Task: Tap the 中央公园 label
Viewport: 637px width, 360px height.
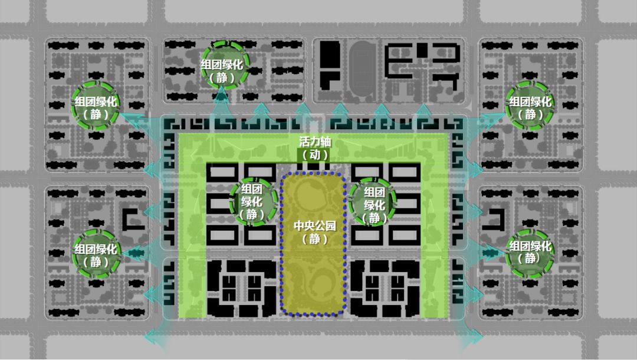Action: pos(313,226)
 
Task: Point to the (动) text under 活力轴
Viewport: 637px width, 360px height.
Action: pos(313,155)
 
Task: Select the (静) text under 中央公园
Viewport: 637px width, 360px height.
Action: pos(313,239)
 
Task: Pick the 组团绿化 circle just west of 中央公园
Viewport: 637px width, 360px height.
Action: pos(252,202)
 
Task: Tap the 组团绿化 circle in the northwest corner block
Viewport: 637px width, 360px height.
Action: pos(96,107)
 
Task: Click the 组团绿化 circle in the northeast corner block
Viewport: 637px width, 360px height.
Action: pos(530,107)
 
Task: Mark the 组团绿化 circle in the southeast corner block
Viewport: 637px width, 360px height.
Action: pos(530,252)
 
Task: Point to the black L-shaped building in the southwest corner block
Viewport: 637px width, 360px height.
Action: pos(129,218)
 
